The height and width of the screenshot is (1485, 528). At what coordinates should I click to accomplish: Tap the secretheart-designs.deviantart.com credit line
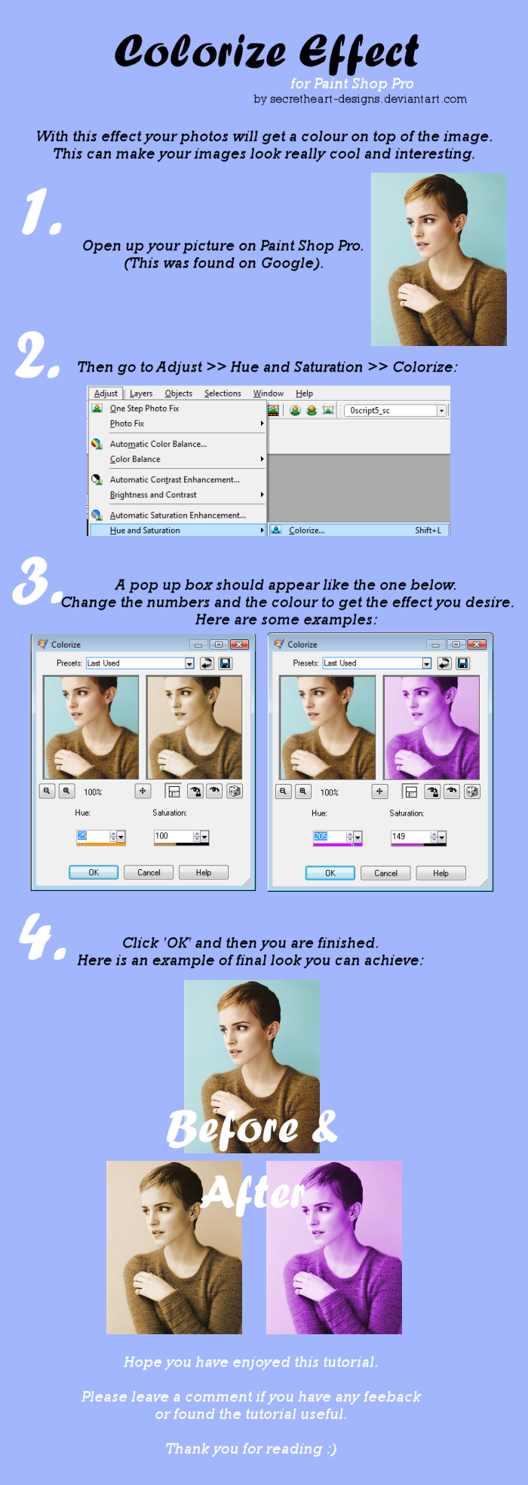(x=360, y=99)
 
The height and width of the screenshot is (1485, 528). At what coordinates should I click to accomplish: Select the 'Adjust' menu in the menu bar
(x=106, y=393)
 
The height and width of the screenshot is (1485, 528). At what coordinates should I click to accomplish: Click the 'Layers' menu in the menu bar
(x=141, y=393)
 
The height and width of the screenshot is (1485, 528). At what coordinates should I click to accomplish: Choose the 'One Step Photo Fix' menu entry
(x=144, y=409)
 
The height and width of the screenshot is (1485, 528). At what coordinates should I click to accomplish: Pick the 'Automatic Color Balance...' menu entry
(x=158, y=444)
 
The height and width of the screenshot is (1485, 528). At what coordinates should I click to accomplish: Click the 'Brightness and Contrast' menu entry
(x=153, y=495)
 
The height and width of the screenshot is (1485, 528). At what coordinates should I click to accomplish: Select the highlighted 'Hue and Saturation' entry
(x=145, y=531)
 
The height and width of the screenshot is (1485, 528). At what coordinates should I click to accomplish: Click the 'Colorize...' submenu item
(x=307, y=531)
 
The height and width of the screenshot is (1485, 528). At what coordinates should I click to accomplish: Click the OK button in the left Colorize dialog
(x=94, y=872)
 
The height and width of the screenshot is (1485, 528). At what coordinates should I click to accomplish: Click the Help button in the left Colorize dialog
(x=204, y=872)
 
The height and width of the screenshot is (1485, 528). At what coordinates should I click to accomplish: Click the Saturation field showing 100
(x=173, y=836)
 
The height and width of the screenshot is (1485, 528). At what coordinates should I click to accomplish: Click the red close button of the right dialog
(x=476, y=645)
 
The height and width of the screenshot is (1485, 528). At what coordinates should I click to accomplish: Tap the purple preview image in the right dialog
(x=431, y=727)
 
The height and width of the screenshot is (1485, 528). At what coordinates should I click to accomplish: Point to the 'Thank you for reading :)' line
(x=251, y=1449)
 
